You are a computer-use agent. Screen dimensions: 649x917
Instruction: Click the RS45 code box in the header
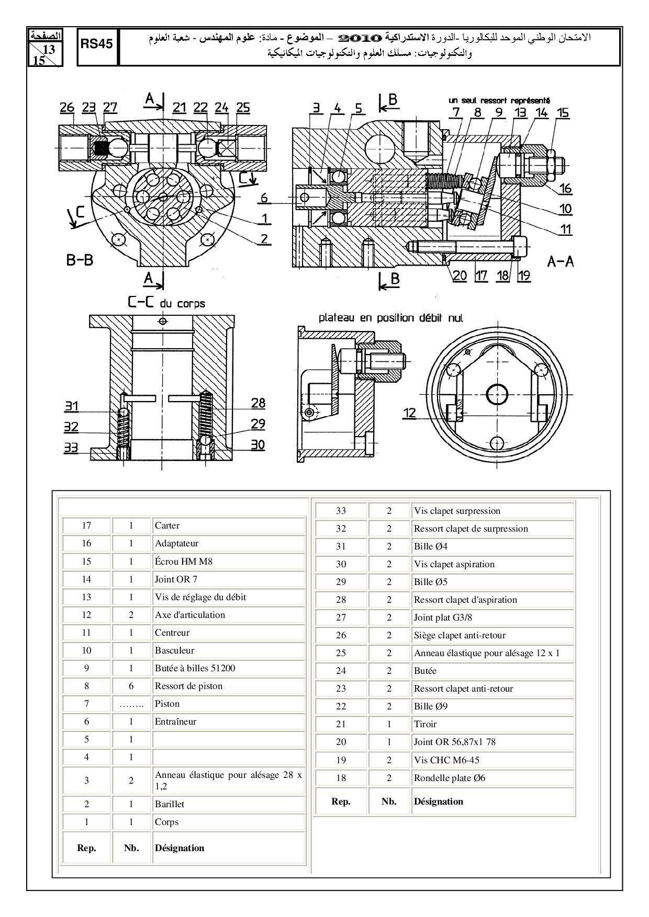pos(97,44)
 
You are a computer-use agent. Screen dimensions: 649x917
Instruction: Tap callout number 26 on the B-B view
pos(67,108)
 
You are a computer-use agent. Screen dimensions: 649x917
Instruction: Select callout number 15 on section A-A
pos(563,113)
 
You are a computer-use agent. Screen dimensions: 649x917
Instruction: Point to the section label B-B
pos(80,260)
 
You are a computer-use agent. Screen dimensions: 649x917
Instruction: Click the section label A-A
pos(561,261)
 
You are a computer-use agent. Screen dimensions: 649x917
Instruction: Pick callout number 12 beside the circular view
pos(409,413)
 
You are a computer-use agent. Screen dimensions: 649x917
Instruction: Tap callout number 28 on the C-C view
pos(258,403)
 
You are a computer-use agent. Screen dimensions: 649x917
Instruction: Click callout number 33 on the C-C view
pos(71,448)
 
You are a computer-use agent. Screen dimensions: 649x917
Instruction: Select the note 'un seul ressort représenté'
pos(499,100)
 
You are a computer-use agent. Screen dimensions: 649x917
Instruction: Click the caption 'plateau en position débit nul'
pos(391,317)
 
